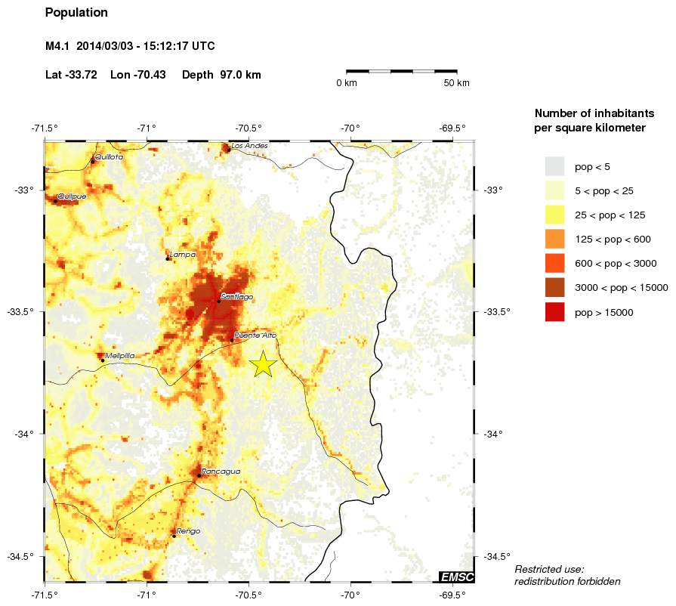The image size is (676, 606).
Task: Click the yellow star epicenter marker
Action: (263, 364)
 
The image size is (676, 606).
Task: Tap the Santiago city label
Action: (237, 297)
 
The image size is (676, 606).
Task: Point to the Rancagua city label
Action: (221, 472)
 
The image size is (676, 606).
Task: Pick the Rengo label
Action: (188, 531)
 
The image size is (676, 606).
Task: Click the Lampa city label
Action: (183, 255)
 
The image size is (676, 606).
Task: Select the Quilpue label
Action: (72, 196)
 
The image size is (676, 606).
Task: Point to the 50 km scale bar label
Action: (457, 83)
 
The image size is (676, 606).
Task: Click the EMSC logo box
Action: (457, 577)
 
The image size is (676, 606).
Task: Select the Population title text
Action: (76, 13)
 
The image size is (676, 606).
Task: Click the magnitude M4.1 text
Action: (57, 47)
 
